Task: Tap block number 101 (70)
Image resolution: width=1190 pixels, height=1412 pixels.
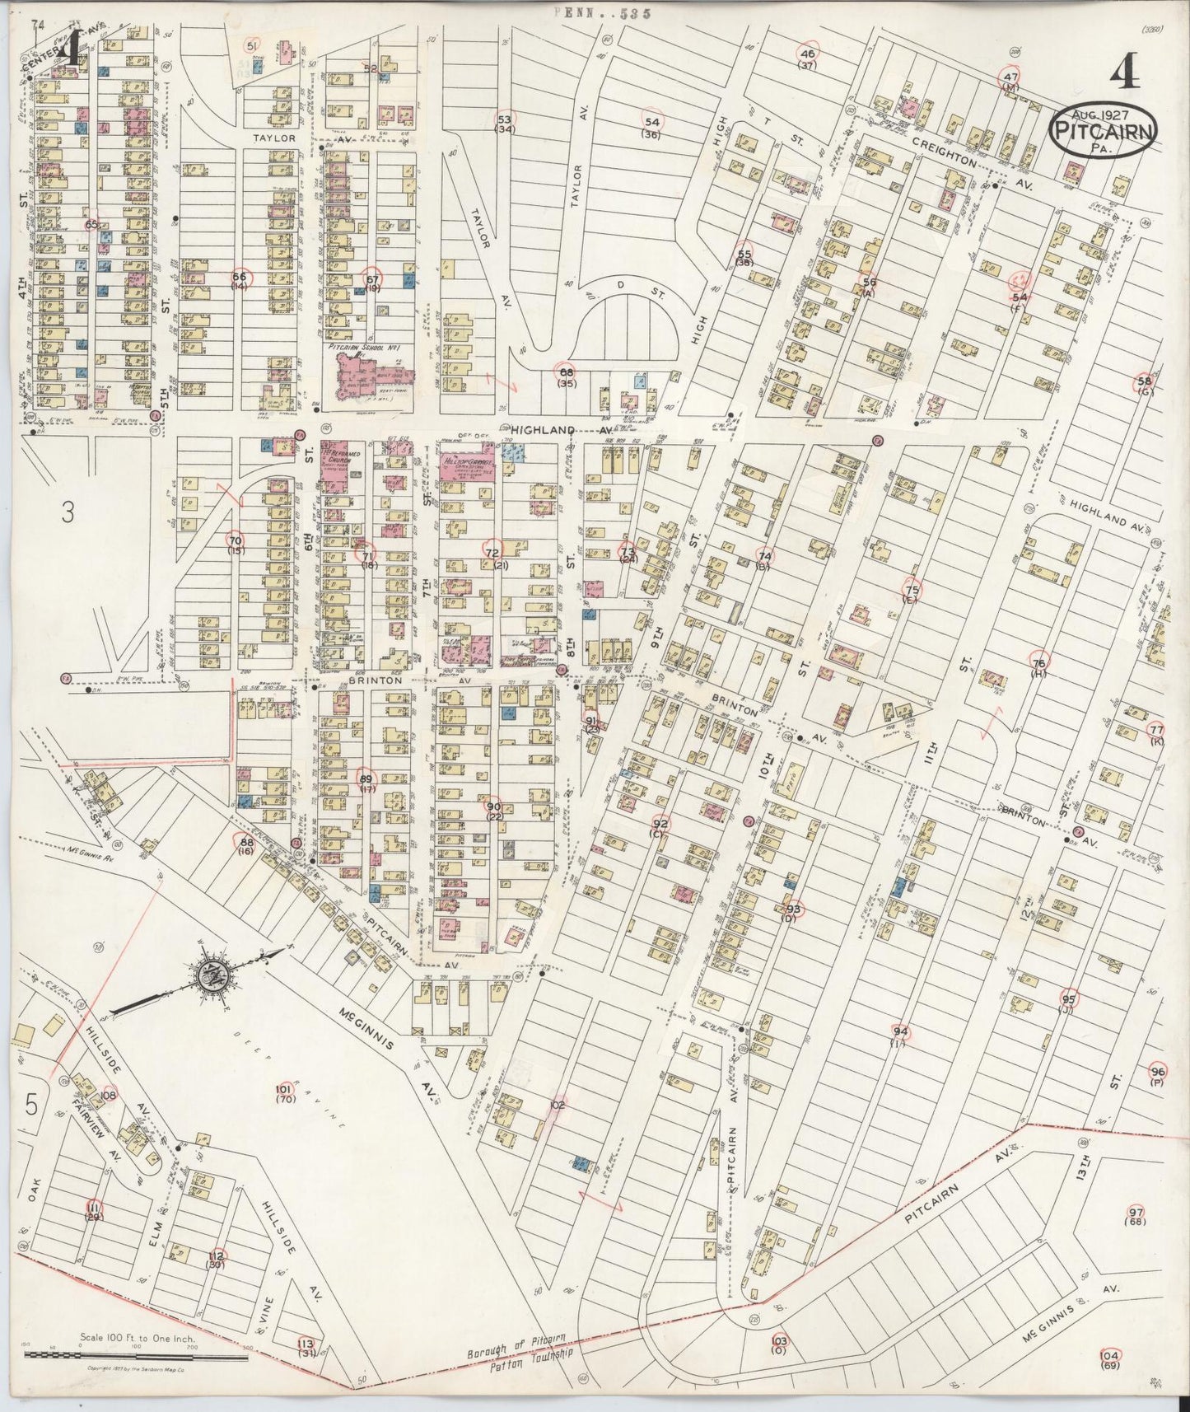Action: click(x=285, y=1092)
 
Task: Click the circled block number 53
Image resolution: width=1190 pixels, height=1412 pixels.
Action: click(x=504, y=119)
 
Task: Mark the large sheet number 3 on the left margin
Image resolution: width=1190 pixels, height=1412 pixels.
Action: click(x=68, y=512)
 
